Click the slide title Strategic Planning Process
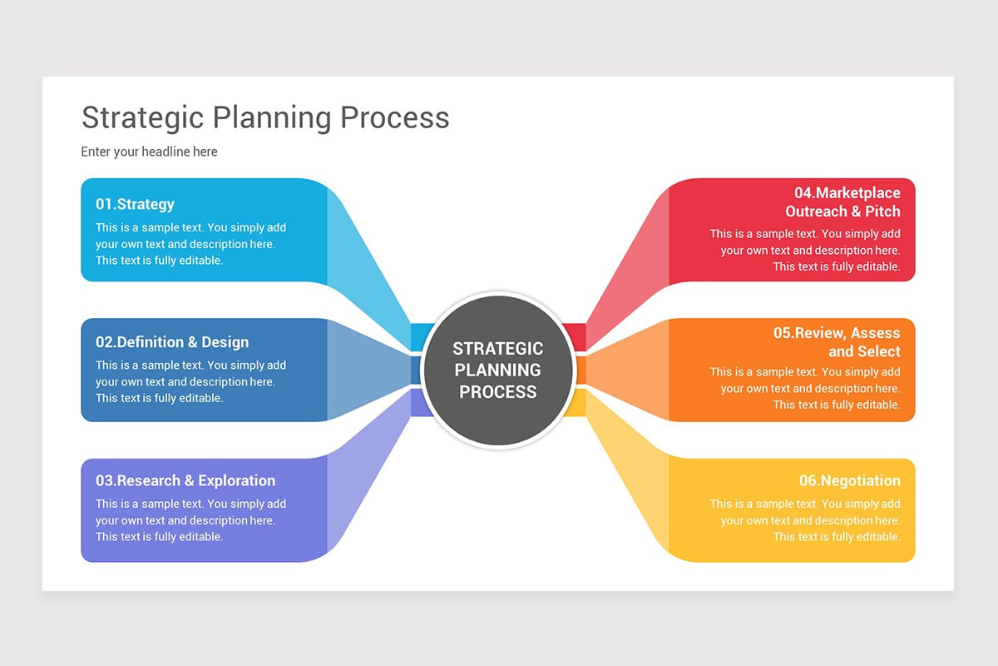click(x=265, y=117)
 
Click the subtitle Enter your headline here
click(x=149, y=152)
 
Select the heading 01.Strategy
click(x=135, y=204)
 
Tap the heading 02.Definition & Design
click(x=171, y=342)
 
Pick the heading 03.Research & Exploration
click(x=185, y=480)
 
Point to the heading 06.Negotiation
click(x=849, y=480)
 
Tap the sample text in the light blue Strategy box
click(x=190, y=244)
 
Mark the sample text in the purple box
click(x=190, y=520)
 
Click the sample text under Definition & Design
click(x=190, y=381)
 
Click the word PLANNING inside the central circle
click(x=498, y=370)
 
